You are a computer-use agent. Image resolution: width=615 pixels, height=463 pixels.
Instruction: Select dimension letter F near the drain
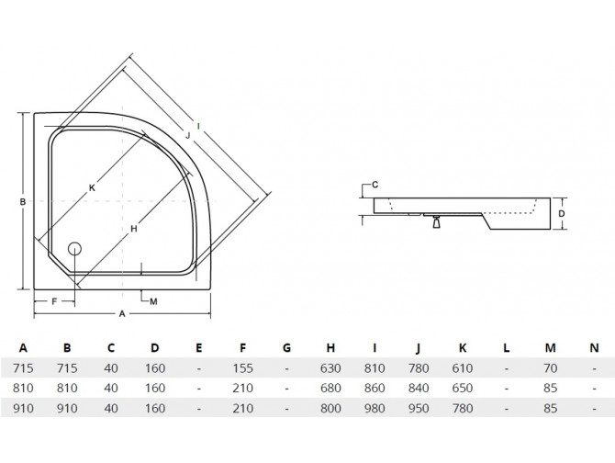tap(53, 301)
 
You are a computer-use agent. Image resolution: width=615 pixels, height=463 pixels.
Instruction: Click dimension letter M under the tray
tap(152, 301)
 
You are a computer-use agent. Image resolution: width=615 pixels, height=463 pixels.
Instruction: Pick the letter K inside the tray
tap(92, 189)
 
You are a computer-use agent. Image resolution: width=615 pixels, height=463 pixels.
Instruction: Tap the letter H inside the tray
tap(134, 229)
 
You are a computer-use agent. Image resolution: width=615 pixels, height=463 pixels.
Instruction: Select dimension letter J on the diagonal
tap(186, 137)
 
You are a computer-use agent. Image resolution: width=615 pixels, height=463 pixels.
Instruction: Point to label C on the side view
tap(375, 185)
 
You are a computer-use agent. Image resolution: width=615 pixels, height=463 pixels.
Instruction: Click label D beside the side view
tap(561, 212)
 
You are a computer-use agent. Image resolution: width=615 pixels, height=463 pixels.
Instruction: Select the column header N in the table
tap(593, 347)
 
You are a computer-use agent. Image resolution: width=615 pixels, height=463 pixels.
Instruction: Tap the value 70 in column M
tap(550, 367)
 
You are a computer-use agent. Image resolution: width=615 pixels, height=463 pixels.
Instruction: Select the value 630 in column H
tap(330, 367)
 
